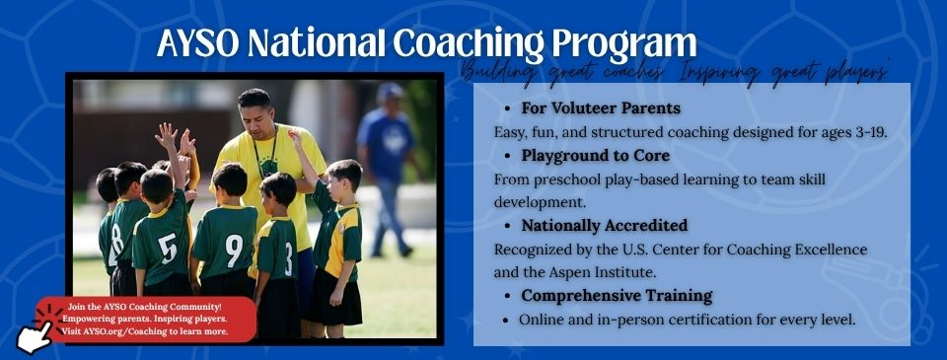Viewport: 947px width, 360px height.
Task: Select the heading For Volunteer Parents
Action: click(601, 107)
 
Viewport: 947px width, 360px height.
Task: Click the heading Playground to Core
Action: click(595, 155)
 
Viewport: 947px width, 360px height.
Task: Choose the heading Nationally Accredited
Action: click(604, 226)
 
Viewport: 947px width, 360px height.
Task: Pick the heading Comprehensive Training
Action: click(617, 295)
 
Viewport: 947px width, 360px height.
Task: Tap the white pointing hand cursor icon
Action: click(33, 335)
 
